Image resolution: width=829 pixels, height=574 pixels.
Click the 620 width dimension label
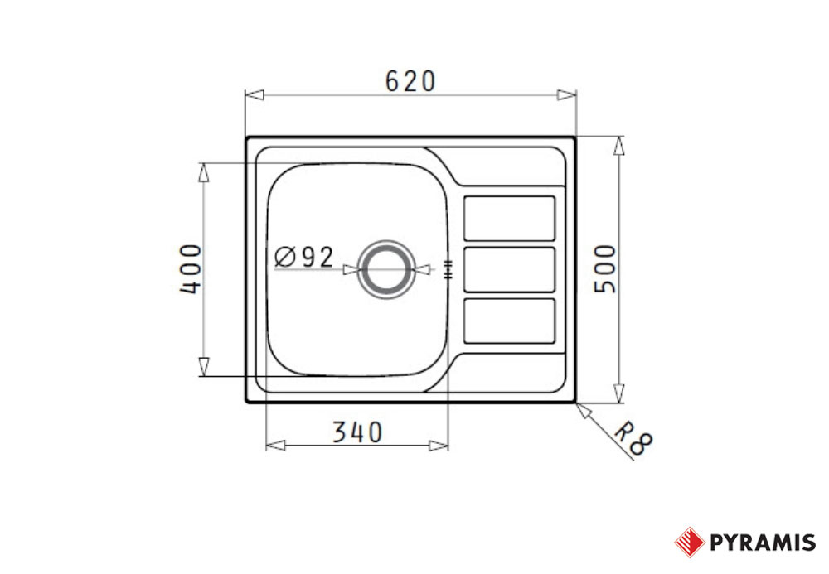[410, 81]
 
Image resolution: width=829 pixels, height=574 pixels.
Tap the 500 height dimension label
[606, 269]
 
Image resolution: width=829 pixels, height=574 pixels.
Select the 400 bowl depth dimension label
[191, 269]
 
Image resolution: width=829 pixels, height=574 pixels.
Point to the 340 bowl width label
[357, 432]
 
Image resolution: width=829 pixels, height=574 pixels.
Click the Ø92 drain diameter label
[304, 257]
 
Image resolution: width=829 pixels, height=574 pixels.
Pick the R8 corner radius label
[634, 438]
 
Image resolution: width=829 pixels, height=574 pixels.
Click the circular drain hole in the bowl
[386, 269]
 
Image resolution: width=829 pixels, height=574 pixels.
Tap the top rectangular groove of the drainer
[510, 218]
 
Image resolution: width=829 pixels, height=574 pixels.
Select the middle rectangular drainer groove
[510, 269]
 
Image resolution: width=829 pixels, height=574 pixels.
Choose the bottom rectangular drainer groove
[510, 321]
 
